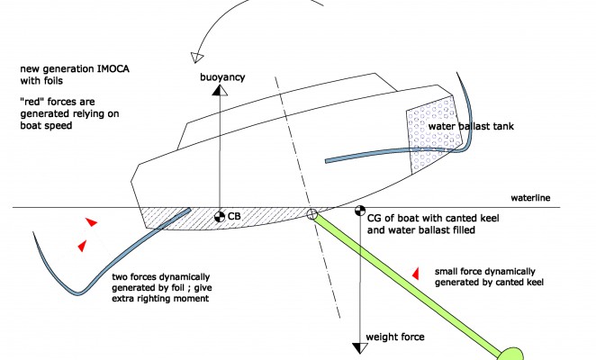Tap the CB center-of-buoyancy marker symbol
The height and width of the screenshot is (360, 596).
(218, 216)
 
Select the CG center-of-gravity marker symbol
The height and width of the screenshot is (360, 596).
(361, 214)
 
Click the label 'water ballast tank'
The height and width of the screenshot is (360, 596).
(472, 127)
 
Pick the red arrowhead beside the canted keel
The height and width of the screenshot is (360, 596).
(415, 271)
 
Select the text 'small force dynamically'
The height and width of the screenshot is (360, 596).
(486, 271)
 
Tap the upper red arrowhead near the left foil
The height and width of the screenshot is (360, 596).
(89, 221)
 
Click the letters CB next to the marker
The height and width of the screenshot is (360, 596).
(233, 216)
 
